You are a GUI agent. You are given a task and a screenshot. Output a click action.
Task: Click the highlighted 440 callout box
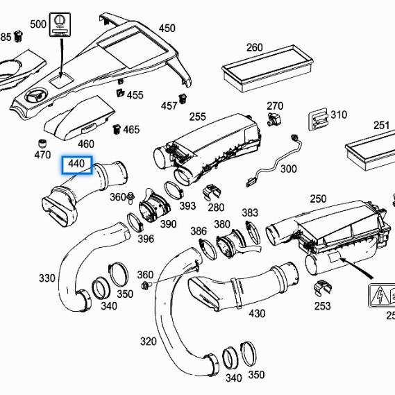76,165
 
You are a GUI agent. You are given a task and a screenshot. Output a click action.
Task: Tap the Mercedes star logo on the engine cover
35,94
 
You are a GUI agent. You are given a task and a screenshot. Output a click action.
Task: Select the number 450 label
167,28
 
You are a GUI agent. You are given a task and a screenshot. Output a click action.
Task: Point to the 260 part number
255,48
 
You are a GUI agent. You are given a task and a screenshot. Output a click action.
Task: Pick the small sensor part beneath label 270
275,121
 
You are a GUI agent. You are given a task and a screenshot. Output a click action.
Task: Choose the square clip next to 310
319,119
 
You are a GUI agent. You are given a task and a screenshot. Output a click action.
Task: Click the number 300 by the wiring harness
288,169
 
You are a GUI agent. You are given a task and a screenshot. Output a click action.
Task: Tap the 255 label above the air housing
197,117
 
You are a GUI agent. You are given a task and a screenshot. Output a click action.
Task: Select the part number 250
317,199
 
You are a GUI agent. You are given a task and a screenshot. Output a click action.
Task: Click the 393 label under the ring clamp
187,206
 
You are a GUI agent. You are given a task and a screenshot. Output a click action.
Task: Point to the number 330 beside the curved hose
47,278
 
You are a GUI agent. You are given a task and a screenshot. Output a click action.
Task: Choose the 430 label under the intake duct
257,314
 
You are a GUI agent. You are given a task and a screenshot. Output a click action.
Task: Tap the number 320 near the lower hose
148,341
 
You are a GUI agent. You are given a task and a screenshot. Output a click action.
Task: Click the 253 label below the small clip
322,305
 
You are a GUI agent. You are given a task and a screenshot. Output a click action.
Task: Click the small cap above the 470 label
41,143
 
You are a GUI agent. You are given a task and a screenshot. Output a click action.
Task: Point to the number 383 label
249,212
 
